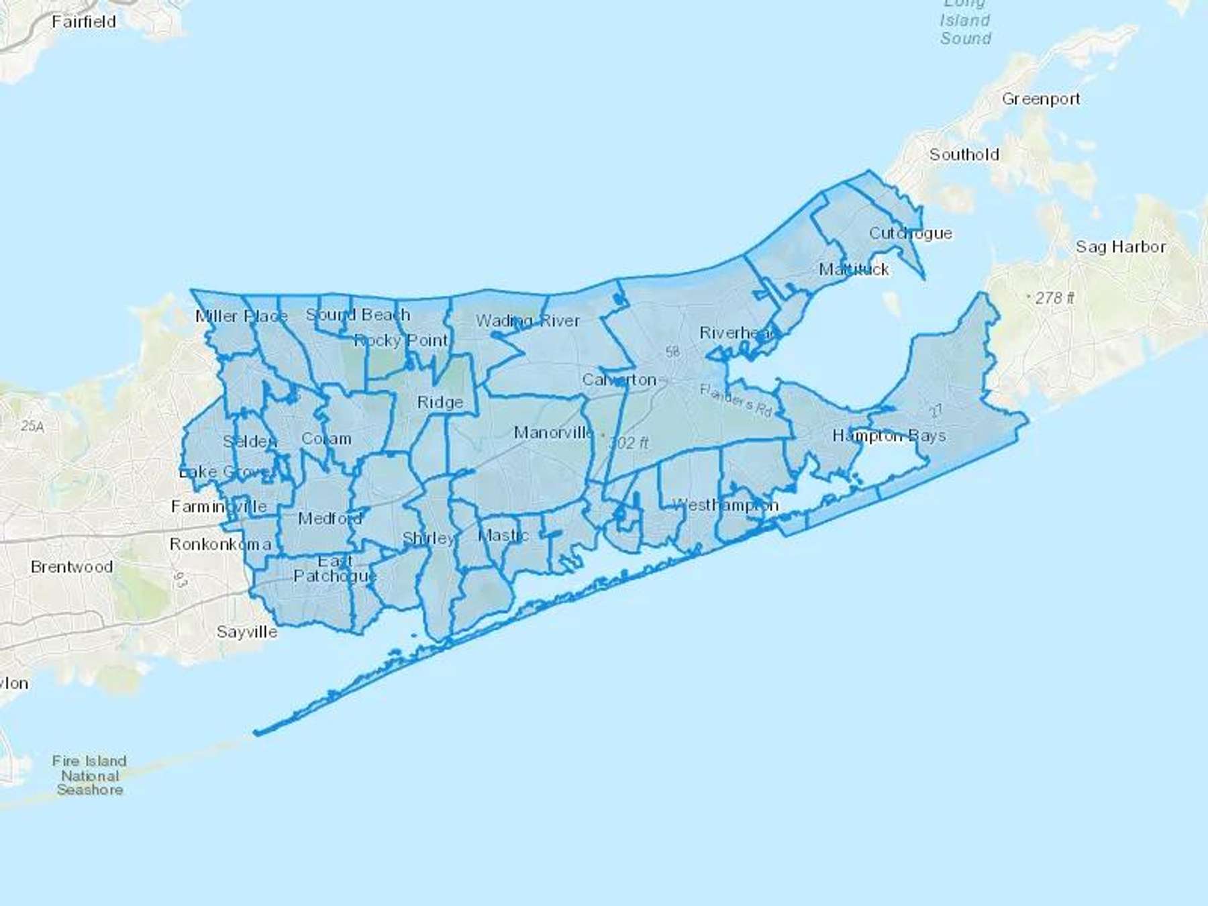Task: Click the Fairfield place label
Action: (84, 21)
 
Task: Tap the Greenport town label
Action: (1041, 99)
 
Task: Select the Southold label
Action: (964, 154)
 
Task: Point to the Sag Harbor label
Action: (1121, 246)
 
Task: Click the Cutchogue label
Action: (910, 233)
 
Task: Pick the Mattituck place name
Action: (854, 269)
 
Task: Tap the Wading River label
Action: (527, 321)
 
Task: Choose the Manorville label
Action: (554, 432)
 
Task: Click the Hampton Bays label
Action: (889, 436)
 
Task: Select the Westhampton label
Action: (725, 505)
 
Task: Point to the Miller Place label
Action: (242, 316)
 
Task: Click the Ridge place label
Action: (440, 402)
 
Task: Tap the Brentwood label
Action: (72, 566)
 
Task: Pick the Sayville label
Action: (247, 632)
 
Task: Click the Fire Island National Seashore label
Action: (90, 775)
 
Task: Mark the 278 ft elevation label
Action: (1054, 297)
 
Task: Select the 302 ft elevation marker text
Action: (629, 442)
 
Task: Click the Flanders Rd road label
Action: (736, 399)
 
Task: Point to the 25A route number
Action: (32, 425)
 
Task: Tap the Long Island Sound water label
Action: (965, 24)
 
